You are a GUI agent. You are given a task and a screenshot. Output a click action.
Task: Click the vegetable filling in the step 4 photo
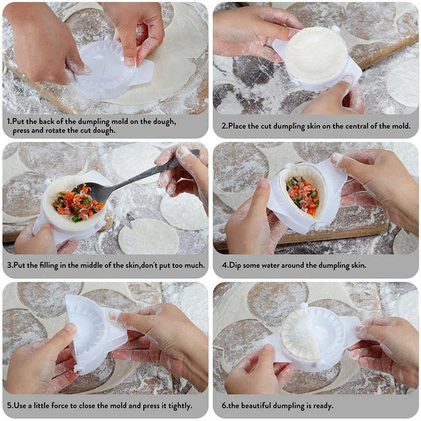pyautogui.click(x=303, y=196)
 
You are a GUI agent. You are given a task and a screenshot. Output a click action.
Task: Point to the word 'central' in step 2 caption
pyautogui.click(x=354, y=126)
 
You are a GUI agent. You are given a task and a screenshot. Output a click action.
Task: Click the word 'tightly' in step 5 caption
pyautogui.click(x=177, y=406)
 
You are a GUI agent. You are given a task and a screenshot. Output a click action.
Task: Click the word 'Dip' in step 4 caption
pyautogui.click(x=237, y=265)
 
